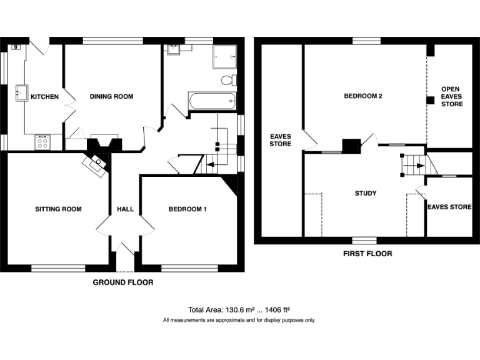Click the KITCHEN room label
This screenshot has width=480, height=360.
(x=45, y=97)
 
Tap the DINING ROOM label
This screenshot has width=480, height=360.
(x=111, y=96)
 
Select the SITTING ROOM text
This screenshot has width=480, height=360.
(x=58, y=209)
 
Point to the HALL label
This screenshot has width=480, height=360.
(x=124, y=209)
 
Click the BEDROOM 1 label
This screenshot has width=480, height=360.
(x=187, y=209)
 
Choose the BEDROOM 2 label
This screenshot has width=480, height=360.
(x=362, y=96)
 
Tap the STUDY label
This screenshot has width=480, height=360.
(x=366, y=193)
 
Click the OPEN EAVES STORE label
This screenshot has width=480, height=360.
(x=451, y=97)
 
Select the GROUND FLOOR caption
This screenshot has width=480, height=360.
(x=123, y=282)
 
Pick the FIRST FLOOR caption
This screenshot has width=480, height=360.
(x=367, y=254)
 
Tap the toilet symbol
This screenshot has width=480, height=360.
(x=229, y=81)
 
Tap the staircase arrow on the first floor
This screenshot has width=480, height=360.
(x=412, y=166)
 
